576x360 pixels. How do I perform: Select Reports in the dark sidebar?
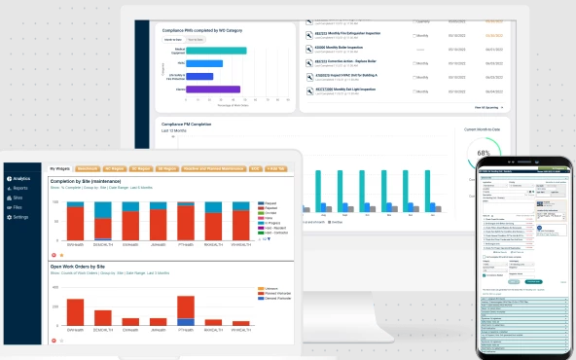pyautogui.click(x=18, y=189)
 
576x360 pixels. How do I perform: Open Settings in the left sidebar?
pyautogui.click(x=18, y=217)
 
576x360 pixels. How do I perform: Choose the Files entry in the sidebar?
pyautogui.click(x=17, y=207)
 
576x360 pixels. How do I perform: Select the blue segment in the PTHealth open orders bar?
pyautogui.click(x=186, y=321)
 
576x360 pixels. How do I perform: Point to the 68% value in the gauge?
pyautogui.click(x=484, y=154)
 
